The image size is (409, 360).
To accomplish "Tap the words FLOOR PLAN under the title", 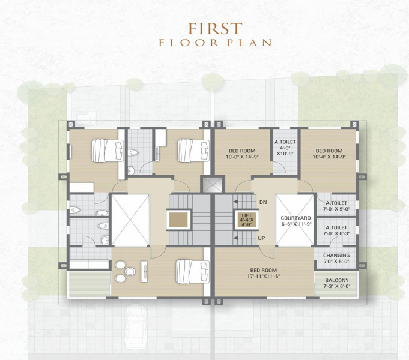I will pyautogui.click(x=214, y=43).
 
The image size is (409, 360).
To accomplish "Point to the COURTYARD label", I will pyautogui.click(x=295, y=220).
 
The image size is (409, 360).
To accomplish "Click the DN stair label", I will pyautogui.click(x=263, y=202).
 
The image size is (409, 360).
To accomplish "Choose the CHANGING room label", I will pyautogui.click(x=336, y=259).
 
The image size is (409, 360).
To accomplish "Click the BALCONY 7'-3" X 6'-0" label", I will pyautogui.click(x=336, y=283).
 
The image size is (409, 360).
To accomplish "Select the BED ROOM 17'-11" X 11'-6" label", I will pyautogui.click(x=262, y=272).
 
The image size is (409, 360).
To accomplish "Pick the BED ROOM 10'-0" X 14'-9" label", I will pyautogui.click(x=241, y=154).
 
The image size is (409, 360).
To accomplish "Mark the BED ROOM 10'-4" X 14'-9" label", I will pyautogui.click(x=329, y=154).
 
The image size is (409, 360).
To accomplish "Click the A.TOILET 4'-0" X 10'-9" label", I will pyautogui.click(x=284, y=148).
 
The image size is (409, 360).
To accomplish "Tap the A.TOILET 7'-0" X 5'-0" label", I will pyautogui.click(x=336, y=206).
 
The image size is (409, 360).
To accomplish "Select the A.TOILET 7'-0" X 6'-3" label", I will pyautogui.click(x=336, y=231).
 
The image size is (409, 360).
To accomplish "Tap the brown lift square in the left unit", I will pyautogui.click(x=178, y=220).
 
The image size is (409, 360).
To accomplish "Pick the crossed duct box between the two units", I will pyautogui.click(x=211, y=186).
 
